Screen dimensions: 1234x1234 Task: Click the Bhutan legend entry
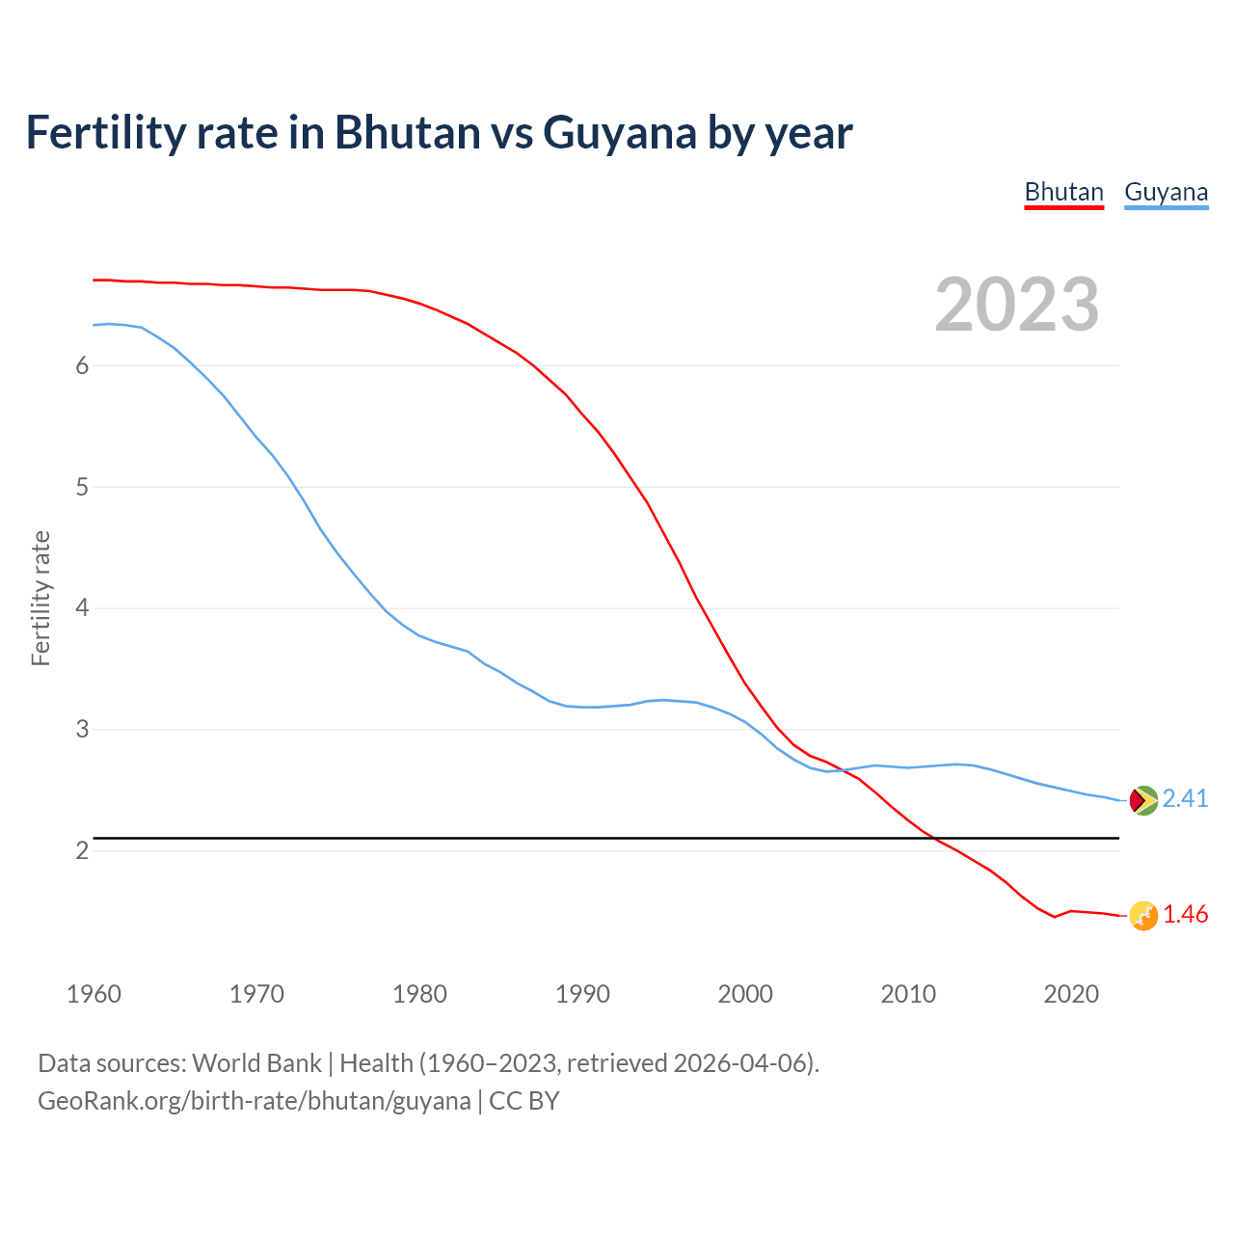click(x=1063, y=192)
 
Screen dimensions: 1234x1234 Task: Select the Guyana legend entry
click(x=1166, y=192)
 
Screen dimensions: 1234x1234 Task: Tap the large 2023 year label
click(x=1017, y=305)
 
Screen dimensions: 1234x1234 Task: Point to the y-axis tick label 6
click(x=82, y=365)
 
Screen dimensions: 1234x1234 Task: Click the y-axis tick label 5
click(x=82, y=487)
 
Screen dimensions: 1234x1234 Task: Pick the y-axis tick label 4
click(x=82, y=608)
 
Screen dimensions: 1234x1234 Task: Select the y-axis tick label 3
click(x=82, y=730)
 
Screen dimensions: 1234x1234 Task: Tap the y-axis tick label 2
click(x=82, y=850)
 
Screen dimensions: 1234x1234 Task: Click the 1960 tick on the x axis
click(x=94, y=994)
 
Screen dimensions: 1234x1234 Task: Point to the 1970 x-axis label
click(x=256, y=994)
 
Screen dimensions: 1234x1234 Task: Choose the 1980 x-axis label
click(x=419, y=994)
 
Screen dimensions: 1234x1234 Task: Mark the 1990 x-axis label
click(x=582, y=994)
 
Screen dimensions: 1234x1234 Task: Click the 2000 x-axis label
click(x=745, y=994)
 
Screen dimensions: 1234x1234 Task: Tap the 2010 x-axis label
click(x=908, y=994)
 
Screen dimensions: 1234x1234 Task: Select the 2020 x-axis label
click(x=1071, y=994)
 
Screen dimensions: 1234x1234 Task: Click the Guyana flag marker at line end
click(x=1143, y=800)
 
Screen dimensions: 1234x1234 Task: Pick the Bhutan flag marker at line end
click(x=1143, y=916)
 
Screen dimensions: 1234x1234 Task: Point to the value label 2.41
click(x=1185, y=799)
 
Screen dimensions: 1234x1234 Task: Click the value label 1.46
click(x=1185, y=915)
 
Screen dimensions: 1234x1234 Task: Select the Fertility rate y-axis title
click(x=40, y=598)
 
